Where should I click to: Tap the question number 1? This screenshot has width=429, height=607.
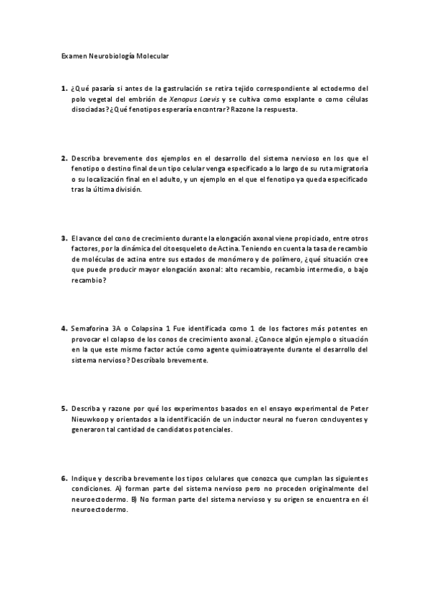[64, 89]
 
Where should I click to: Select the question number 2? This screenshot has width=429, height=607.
[64, 158]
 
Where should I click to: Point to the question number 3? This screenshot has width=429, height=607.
[64, 238]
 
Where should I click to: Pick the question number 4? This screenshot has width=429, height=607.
[64, 329]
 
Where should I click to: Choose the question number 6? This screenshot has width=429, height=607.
[64, 478]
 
